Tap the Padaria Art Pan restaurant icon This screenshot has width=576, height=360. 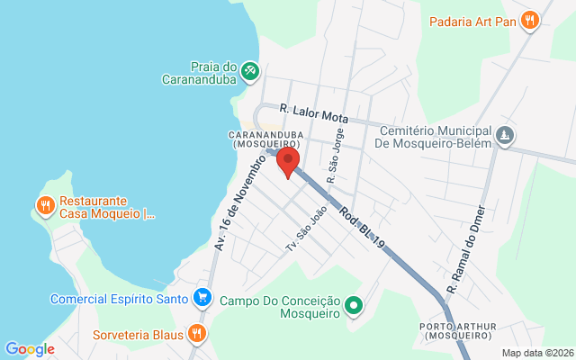pyautogui.click(x=530, y=20)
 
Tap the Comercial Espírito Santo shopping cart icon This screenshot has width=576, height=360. pyautogui.click(x=203, y=298)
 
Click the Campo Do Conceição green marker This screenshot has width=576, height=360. pyautogui.click(x=354, y=307)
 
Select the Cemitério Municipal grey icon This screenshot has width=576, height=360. pyautogui.click(x=506, y=135)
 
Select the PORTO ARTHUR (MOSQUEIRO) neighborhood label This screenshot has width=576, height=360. pyautogui.click(x=455, y=329)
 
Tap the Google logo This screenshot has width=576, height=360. pyautogui.click(x=30, y=349)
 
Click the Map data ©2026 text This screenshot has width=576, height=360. pyautogui.click(x=537, y=353)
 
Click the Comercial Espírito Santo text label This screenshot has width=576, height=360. pyautogui.click(x=120, y=299)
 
